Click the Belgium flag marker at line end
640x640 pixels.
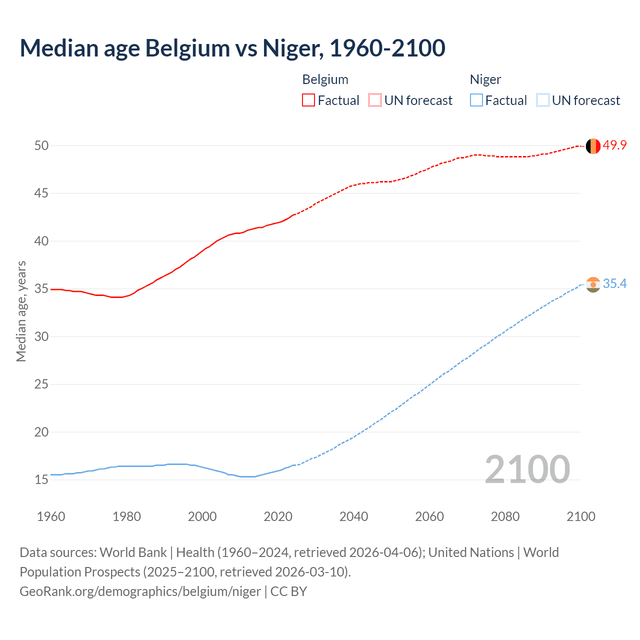[593, 146]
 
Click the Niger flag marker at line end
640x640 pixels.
[593, 284]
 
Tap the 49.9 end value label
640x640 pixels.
[614, 145]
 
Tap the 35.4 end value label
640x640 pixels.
[614, 284]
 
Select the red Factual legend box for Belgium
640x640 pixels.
[308, 100]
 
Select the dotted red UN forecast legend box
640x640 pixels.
[375, 100]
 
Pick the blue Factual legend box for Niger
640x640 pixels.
[476, 100]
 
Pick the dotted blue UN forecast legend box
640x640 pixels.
[542, 100]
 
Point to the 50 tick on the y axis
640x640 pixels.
[41, 145]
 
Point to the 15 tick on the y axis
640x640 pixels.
[41, 480]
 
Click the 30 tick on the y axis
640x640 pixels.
[41, 336]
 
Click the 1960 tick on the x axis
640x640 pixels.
[51, 516]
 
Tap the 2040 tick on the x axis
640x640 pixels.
[353, 516]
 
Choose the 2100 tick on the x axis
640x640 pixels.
[580, 516]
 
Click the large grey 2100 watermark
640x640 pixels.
[527, 469]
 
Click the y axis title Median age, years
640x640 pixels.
[21, 311]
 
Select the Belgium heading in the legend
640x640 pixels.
[325, 79]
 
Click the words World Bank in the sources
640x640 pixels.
[133, 552]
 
